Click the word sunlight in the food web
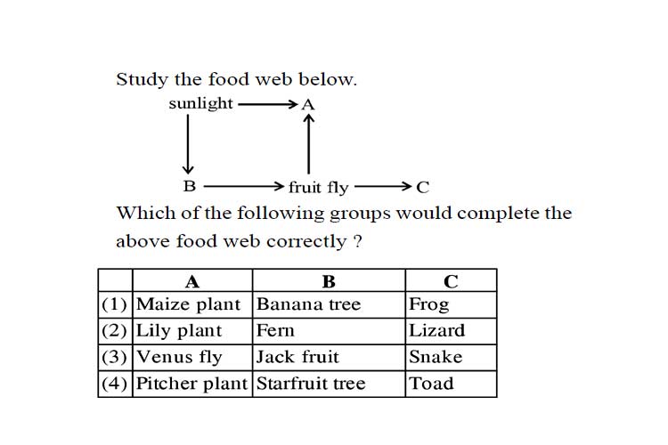[x=200, y=104]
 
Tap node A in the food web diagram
[x=308, y=105]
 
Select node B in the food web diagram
[x=190, y=186]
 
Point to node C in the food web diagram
[x=422, y=188]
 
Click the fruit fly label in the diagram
[x=318, y=188]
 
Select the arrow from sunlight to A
[x=267, y=104]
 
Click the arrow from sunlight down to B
[x=188, y=144]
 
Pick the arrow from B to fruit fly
[x=244, y=186]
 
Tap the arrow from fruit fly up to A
[x=308, y=144]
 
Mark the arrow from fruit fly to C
[x=383, y=186]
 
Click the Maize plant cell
[x=192, y=305]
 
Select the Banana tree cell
[x=329, y=305]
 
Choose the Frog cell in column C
[x=452, y=305]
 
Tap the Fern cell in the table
[x=329, y=331]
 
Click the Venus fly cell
[x=192, y=358]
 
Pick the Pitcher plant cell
[x=192, y=384]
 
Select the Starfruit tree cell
[x=329, y=384]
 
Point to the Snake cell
[x=452, y=358]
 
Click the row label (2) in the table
[x=114, y=331]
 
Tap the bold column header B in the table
[x=329, y=282]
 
